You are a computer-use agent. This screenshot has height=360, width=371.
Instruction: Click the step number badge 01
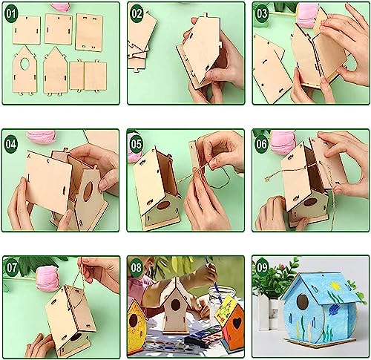tap(11, 14)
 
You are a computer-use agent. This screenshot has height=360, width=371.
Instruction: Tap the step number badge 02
tap(137, 14)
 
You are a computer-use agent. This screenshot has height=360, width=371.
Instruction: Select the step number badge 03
tap(262, 14)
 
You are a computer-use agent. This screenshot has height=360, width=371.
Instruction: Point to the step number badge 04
tap(11, 144)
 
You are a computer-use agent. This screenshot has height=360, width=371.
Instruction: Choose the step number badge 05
tap(137, 144)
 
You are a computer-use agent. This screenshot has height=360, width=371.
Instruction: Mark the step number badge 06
tap(261, 144)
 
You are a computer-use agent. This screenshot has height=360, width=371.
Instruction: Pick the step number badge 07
tap(12, 268)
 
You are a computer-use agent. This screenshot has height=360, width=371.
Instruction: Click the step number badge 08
tap(137, 268)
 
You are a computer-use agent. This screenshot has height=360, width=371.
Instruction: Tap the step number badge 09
tap(263, 268)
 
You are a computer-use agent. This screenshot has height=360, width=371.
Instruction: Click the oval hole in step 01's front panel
tap(24, 64)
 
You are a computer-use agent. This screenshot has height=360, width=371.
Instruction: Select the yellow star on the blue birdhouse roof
tap(335, 287)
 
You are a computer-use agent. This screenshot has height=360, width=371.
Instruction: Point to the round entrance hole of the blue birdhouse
tap(302, 301)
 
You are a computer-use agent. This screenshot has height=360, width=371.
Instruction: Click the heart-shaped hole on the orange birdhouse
tap(237, 323)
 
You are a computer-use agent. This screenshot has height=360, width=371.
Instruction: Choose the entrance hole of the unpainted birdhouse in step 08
tap(175, 305)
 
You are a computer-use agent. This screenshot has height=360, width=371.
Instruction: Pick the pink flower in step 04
tap(42, 137)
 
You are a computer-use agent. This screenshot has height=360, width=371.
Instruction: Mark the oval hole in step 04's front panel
tap(88, 192)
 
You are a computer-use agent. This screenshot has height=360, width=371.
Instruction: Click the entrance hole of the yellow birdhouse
tap(133, 321)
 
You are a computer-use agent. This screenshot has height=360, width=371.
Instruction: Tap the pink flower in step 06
tap(282, 143)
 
